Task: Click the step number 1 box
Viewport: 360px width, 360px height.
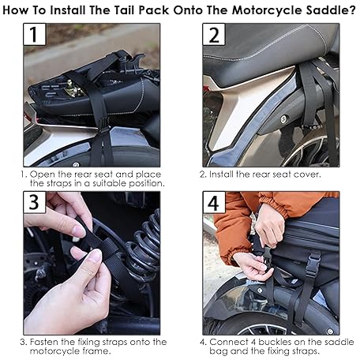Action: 35,34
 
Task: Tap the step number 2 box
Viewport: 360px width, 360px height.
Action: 214,34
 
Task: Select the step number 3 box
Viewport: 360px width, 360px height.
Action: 35,202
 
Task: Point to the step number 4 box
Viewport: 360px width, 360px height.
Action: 214,202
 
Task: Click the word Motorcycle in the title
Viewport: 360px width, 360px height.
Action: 267,10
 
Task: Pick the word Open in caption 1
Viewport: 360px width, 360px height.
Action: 42,174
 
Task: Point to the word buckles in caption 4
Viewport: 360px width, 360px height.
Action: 275,342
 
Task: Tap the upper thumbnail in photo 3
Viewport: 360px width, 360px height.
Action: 79,231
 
